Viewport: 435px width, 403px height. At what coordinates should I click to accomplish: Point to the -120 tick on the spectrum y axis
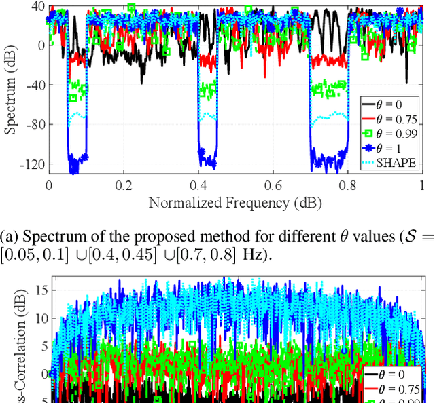coord(31,164)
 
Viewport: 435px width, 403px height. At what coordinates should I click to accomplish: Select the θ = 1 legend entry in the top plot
coord(391,149)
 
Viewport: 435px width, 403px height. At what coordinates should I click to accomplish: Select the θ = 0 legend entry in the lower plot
coord(391,374)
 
